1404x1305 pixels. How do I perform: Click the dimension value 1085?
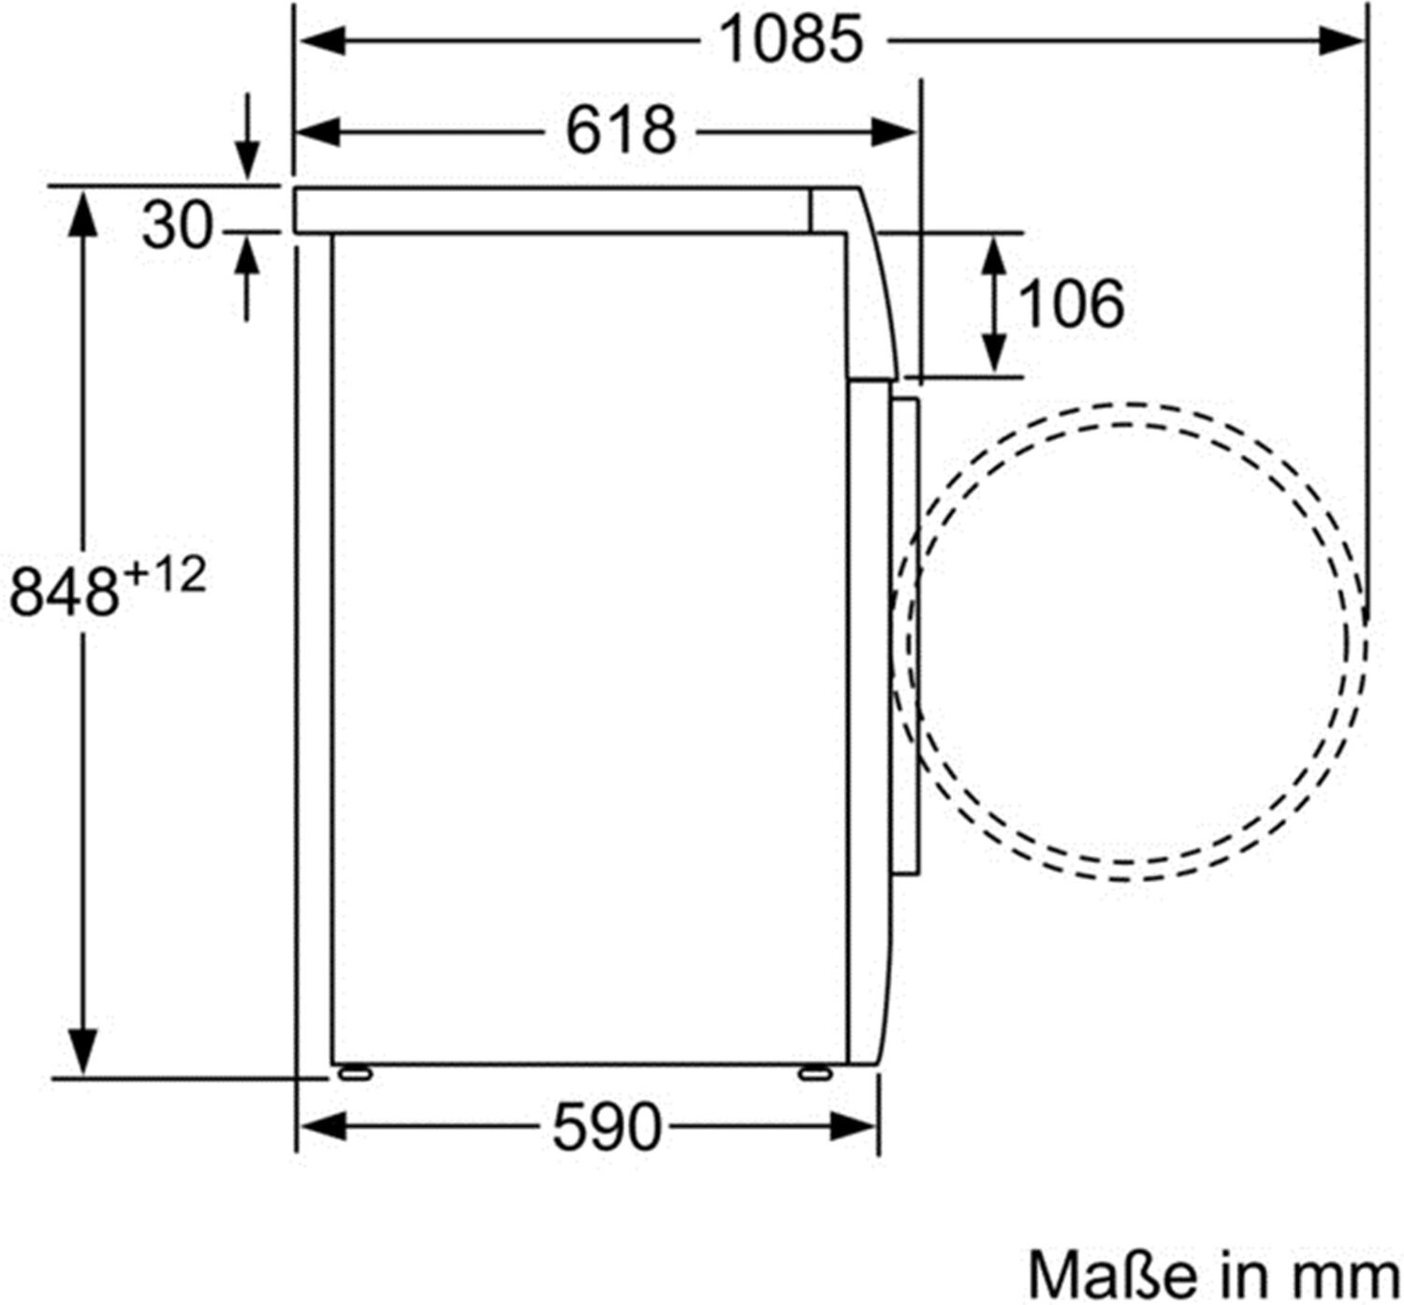(x=791, y=39)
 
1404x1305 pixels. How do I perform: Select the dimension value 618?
(x=622, y=131)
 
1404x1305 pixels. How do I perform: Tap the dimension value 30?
(x=178, y=225)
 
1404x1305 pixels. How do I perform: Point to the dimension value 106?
(x=1072, y=303)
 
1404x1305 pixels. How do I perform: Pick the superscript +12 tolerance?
(x=165, y=575)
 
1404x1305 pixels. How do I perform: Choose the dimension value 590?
(x=607, y=1127)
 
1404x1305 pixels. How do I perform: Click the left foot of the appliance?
(x=355, y=1074)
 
